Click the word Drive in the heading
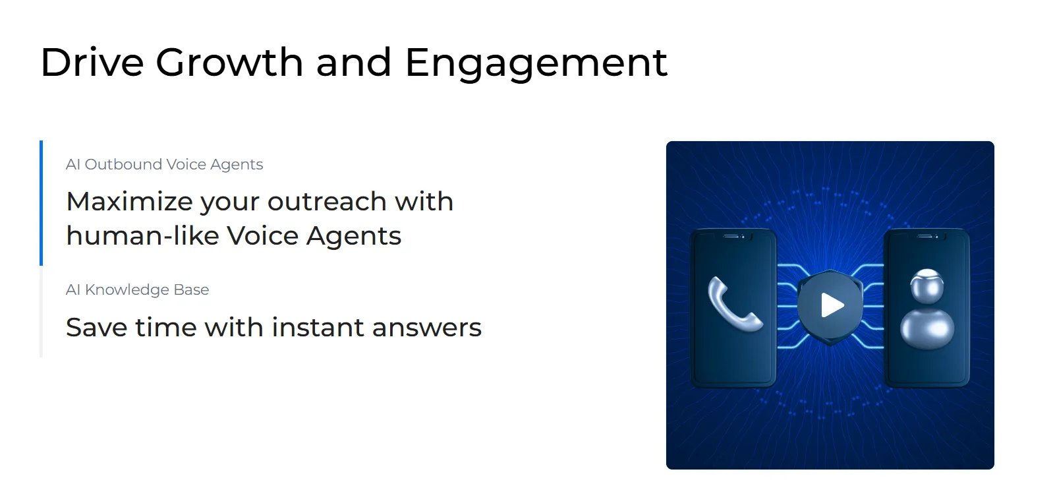(x=92, y=63)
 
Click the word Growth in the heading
(x=229, y=63)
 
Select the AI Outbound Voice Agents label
(x=164, y=164)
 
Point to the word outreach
(x=327, y=201)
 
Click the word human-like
(x=142, y=235)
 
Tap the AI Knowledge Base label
(x=137, y=289)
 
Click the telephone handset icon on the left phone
(x=734, y=305)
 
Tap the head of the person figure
(x=927, y=286)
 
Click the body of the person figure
(x=927, y=328)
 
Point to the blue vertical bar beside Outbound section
(x=42, y=202)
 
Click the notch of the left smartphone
(x=733, y=236)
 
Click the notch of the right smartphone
(x=927, y=236)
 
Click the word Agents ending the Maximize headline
(x=354, y=235)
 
